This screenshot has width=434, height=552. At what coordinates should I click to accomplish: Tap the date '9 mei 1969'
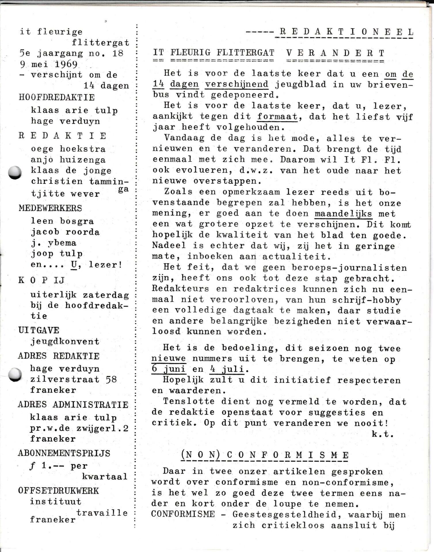click(49, 64)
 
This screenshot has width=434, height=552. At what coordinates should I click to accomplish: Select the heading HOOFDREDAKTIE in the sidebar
click(57, 97)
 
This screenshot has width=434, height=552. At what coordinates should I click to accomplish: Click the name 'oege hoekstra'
click(68, 149)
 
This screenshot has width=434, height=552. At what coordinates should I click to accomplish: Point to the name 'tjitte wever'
click(65, 194)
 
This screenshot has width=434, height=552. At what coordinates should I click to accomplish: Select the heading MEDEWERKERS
click(50, 208)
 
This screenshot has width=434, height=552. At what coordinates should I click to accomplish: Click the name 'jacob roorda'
click(65, 232)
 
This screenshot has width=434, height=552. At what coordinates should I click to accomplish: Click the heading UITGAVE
click(39, 330)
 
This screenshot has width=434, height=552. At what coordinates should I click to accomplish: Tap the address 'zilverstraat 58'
click(74, 379)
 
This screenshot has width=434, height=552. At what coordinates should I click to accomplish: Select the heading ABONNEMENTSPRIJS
click(64, 453)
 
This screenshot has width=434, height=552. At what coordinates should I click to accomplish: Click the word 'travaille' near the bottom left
click(102, 513)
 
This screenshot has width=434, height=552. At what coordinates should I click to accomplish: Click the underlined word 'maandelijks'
click(343, 214)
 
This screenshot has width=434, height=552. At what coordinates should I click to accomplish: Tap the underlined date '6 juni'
click(169, 369)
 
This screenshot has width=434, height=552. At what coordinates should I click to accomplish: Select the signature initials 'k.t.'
click(382, 434)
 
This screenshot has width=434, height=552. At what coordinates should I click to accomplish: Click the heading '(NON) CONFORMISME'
click(265, 455)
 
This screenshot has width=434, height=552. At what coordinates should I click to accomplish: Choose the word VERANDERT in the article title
click(336, 53)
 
